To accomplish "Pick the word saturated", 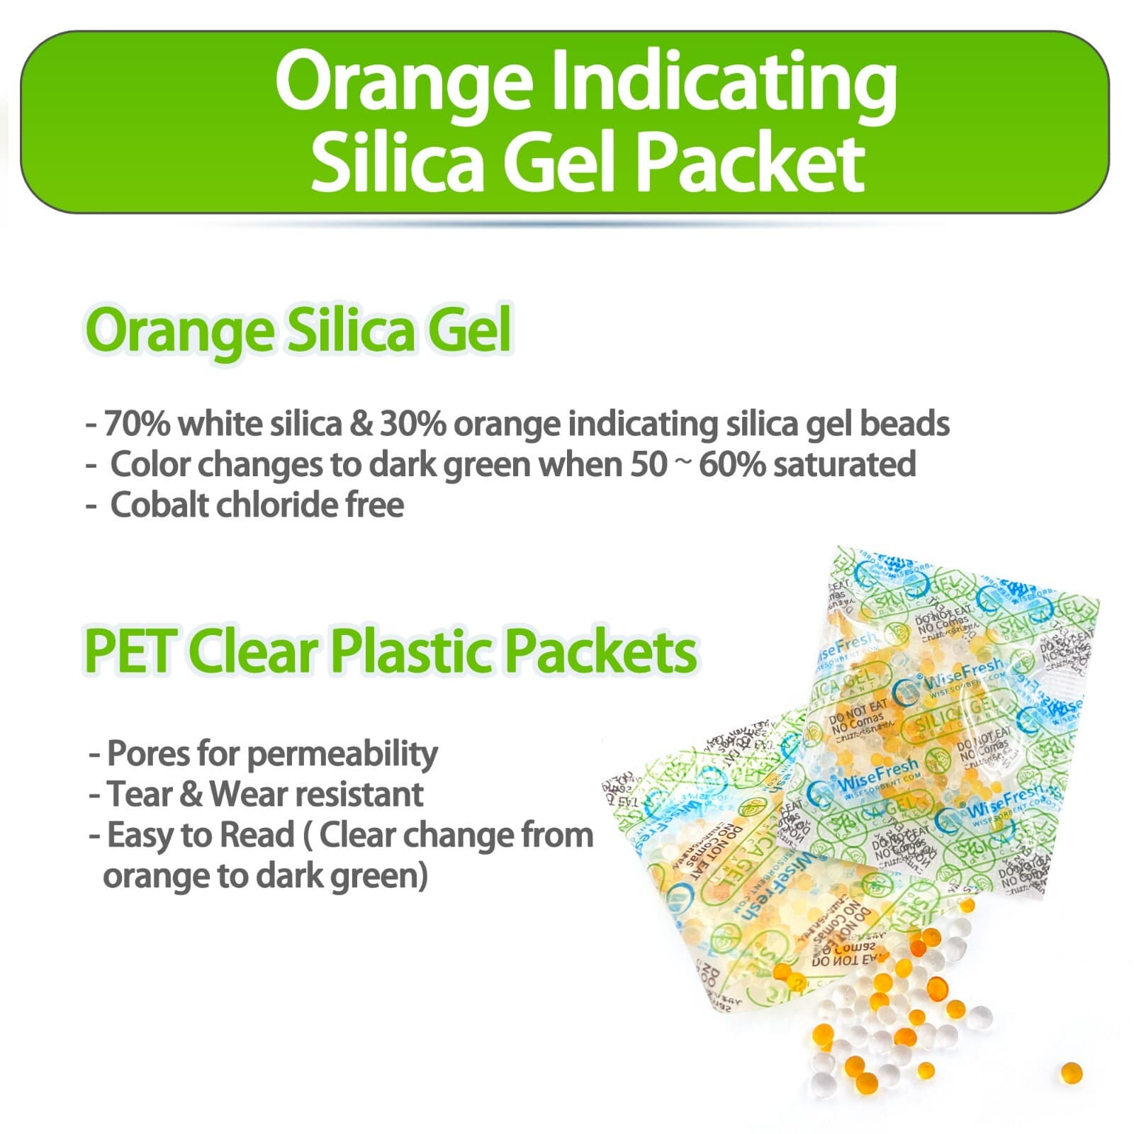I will (844, 465).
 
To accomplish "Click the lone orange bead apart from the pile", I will (1071, 1072).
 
